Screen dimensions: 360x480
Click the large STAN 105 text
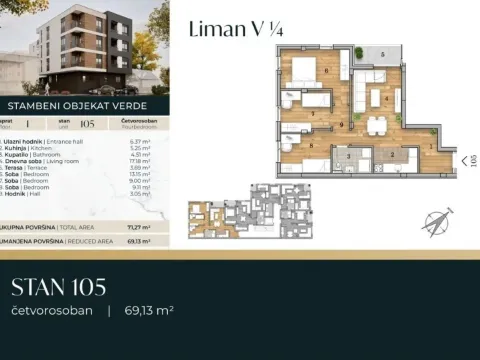[x=58, y=287]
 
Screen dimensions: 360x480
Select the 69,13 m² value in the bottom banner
[x=149, y=311]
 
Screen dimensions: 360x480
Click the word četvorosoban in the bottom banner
[x=52, y=311]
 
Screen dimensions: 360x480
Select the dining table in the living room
[x=378, y=125]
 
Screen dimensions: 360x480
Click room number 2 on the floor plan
[x=392, y=156]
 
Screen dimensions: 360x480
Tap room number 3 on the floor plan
[x=347, y=156]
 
